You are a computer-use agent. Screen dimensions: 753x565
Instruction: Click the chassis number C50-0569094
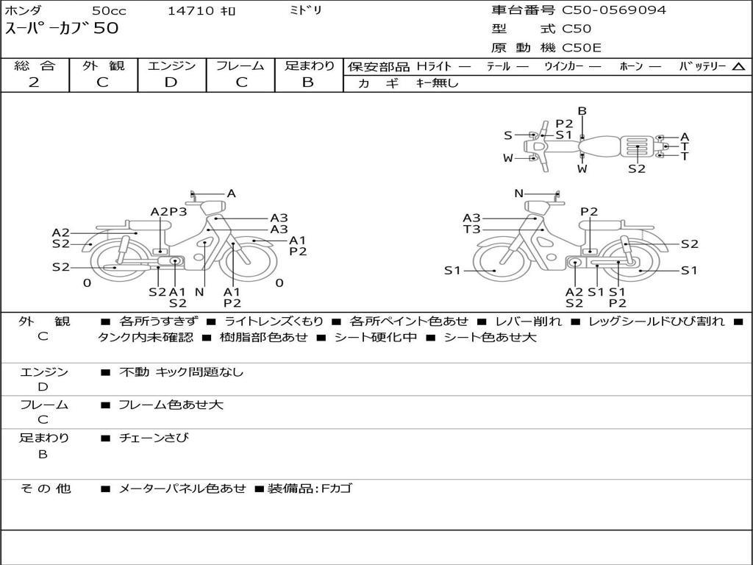click(x=614, y=10)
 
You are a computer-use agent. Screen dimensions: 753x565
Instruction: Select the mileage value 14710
click(x=190, y=11)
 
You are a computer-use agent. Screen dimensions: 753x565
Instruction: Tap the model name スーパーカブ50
click(x=62, y=29)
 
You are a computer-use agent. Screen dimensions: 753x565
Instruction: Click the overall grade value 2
click(x=35, y=82)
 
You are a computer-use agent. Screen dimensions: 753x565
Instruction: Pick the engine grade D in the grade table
click(x=171, y=82)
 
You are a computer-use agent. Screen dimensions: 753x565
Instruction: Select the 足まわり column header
click(x=309, y=65)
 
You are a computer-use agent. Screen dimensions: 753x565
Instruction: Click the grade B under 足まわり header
click(x=308, y=82)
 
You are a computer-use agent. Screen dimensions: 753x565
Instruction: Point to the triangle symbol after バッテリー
click(x=738, y=66)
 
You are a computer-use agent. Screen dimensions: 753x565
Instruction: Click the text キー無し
click(x=437, y=83)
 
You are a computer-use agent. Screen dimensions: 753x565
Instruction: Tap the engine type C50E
click(x=582, y=48)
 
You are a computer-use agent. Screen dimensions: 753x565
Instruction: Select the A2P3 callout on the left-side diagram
click(x=168, y=212)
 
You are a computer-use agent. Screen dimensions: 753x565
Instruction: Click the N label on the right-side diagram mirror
click(x=518, y=193)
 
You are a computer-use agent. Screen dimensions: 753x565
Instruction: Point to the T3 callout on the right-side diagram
click(x=471, y=230)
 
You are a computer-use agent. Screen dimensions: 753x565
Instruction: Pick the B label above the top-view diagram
click(x=582, y=111)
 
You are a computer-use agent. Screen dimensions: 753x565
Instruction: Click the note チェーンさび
click(x=154, y=438)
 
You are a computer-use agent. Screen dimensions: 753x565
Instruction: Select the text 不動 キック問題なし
click(x=181, y=372)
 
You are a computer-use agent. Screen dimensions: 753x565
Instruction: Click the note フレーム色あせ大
click(x=171, y=405)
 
